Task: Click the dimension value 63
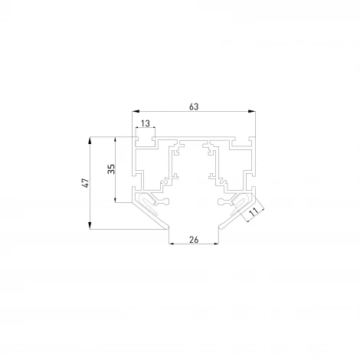194,106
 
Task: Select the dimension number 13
146,123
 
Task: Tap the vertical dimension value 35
111,169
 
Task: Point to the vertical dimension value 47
86,183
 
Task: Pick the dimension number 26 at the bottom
194,240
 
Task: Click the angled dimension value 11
254,212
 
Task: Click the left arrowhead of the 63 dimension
136,111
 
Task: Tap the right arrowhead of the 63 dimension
252,111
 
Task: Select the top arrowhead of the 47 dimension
90,141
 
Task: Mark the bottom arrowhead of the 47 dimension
90,225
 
